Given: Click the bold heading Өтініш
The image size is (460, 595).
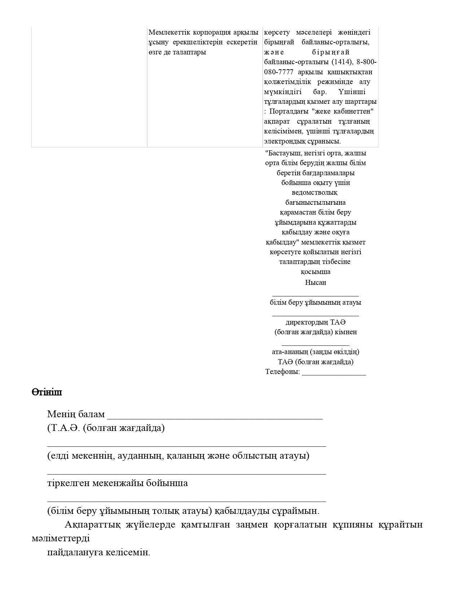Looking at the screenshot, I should pos(47,392).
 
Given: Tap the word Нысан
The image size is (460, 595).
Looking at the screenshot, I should pos(316,282).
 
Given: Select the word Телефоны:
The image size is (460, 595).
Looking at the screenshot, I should pos(282,372).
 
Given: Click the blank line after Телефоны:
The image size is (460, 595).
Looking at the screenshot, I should pos(334,374).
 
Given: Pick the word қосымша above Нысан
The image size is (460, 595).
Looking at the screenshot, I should pos(316,272).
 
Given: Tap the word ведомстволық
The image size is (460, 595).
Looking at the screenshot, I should pos(315,193).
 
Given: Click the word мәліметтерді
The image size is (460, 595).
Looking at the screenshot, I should pos(61,538).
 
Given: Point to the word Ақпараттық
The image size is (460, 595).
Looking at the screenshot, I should pos(92,524).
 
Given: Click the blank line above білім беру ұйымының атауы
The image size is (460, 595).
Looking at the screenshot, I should pos(315,295).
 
